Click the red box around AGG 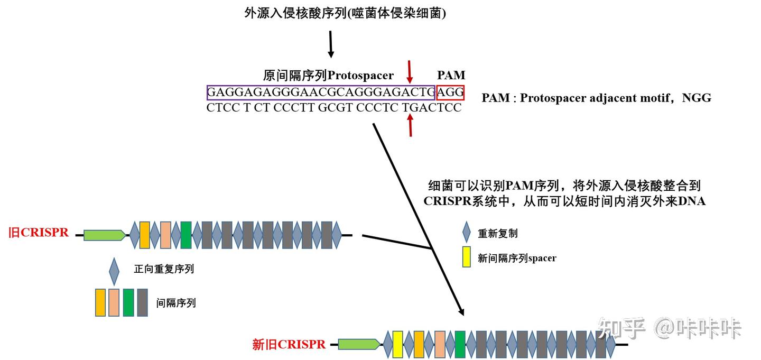click(450, 93)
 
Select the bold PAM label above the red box click(451, 76)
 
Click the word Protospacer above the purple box click(360, 76)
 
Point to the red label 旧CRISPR click(39, 233)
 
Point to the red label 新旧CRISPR click(289, 345)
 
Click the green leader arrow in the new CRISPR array click(358, 345)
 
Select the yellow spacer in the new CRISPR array click(398, 344)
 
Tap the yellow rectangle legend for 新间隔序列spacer click(466, 257)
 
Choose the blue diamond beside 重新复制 click(466, 232)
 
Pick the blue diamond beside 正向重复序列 click(114, 271)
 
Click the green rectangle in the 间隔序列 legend click(128, 303)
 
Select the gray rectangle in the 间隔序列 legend click(142, 303)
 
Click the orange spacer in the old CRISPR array click(145, 235)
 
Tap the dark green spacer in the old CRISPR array click(185, 235)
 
